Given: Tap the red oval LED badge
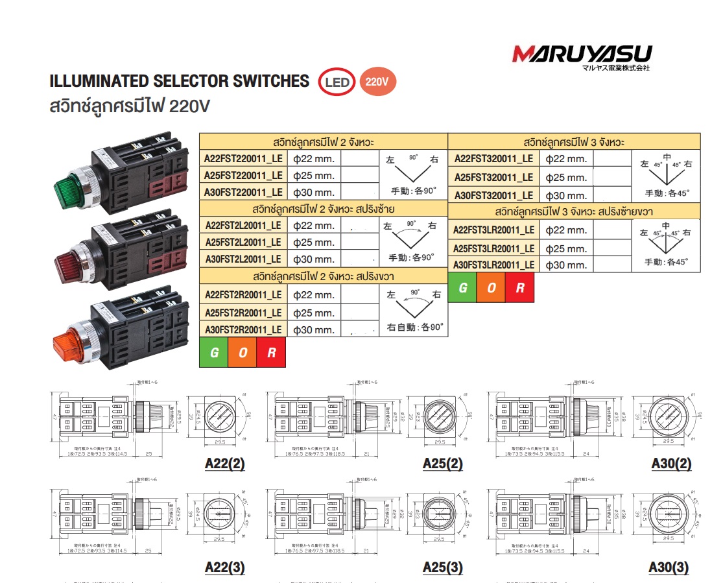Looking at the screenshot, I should click(x=337, y=82).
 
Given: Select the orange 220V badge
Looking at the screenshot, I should click(x=377, y=82).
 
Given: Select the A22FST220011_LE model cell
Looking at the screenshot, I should click(x=243, y=158).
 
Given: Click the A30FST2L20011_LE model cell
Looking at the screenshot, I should click(x=243, y=258).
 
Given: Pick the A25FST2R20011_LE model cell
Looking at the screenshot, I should click(x=243, y=313).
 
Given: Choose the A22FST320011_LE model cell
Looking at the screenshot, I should click(x=493, y=159).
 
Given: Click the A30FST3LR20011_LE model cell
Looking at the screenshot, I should click(x=493, y=265).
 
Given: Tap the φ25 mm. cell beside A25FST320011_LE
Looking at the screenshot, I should click(x=566, y=177).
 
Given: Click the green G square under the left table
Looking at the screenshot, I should click(x=213, y=353).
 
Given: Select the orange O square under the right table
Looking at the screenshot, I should click(x=491, y=289).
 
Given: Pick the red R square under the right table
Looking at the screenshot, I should click(x=519, y=289).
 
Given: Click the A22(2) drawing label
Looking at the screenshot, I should click(x=224, y=464).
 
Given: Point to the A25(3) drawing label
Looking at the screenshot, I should click(x=442, y=567).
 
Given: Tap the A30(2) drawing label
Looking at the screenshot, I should click(x=670, y=464).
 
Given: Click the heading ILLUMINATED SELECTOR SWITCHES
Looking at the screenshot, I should click(x=180, y=81).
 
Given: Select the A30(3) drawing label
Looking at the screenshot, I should click(x=670, y=567).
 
